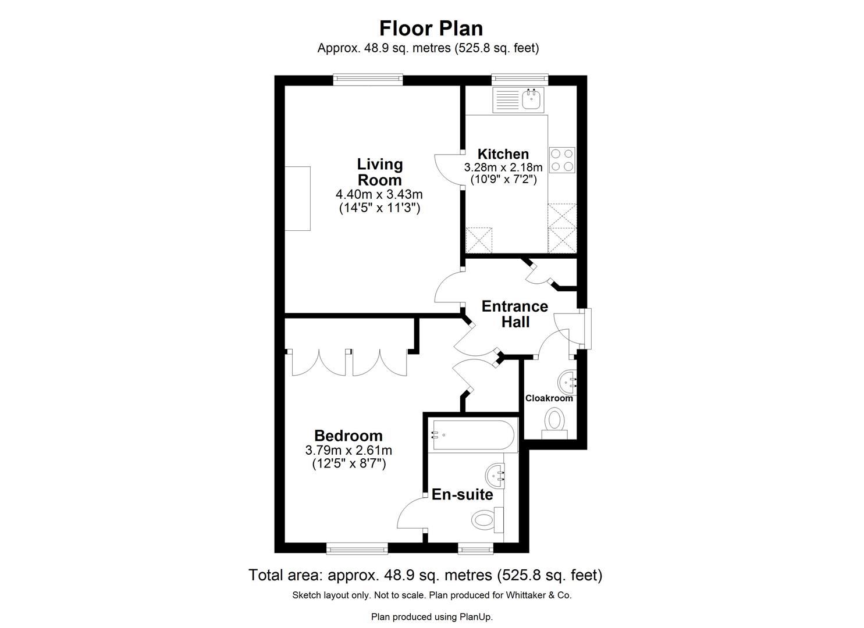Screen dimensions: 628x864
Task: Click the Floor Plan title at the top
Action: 431,28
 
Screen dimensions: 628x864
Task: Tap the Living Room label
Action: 379,172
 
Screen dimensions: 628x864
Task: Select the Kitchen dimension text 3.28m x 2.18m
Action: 503,167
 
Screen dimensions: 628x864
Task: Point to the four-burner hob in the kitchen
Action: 562,160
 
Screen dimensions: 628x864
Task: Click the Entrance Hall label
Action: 514,314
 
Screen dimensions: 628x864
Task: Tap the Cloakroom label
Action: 549,398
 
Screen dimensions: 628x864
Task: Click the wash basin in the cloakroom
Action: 567,383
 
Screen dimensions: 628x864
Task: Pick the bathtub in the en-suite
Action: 472,435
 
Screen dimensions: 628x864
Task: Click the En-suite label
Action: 462,495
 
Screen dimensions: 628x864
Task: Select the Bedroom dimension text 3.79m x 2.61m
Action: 349,450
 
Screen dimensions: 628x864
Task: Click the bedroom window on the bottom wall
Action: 357,548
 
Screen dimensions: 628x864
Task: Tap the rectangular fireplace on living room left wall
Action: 297,198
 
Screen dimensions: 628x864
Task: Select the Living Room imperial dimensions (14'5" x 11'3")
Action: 379,208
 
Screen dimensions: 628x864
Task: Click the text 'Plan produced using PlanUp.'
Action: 432,616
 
